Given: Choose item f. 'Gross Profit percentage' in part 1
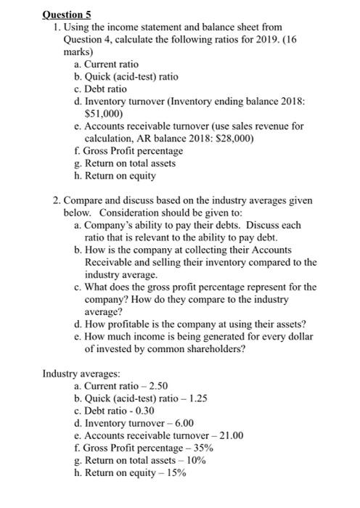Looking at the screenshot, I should (x=123, y=151).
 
